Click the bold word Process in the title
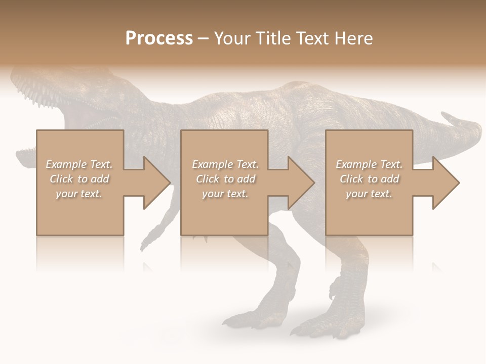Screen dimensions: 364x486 point(159,38)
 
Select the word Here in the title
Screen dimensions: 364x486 point(353,38)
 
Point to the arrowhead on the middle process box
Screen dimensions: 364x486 point(300,183)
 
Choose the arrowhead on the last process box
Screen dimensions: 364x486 point(445,183)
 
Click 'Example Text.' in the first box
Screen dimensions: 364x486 point(79,164)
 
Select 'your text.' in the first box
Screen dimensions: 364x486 point(79,194)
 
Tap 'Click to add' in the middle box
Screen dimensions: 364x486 point(225,179)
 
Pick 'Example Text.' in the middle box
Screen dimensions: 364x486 point(225,164)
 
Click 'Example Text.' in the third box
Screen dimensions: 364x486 point(369,164)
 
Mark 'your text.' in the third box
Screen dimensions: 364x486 point(369,194)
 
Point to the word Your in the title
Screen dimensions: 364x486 point(232,38)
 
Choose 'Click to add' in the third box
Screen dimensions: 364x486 point(369,179)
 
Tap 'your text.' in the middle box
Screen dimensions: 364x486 point(225,194)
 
